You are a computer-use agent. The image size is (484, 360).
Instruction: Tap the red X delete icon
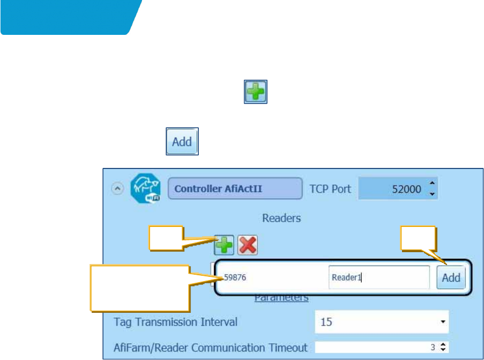point(247,246)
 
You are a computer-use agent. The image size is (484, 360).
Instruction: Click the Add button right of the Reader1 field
point(451,277)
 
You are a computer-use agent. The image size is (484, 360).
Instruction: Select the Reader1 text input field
point(378,277)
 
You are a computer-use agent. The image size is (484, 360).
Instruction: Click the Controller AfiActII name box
point(235,189)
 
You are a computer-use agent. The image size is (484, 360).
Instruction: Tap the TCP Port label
point(330,189)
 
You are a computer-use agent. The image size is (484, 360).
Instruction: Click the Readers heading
point(281,218)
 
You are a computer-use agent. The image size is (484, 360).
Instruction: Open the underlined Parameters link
point(281,297)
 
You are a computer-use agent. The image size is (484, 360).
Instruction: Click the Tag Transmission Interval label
point(176,322)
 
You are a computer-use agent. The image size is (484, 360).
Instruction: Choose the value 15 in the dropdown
point(375,322)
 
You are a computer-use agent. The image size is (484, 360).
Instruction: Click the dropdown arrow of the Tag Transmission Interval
point(443,322)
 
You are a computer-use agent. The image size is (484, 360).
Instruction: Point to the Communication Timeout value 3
point(433,347)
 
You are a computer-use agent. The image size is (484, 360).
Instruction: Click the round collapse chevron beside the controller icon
point(117,189)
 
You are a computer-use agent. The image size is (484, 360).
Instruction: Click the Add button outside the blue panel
point(182,142)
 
